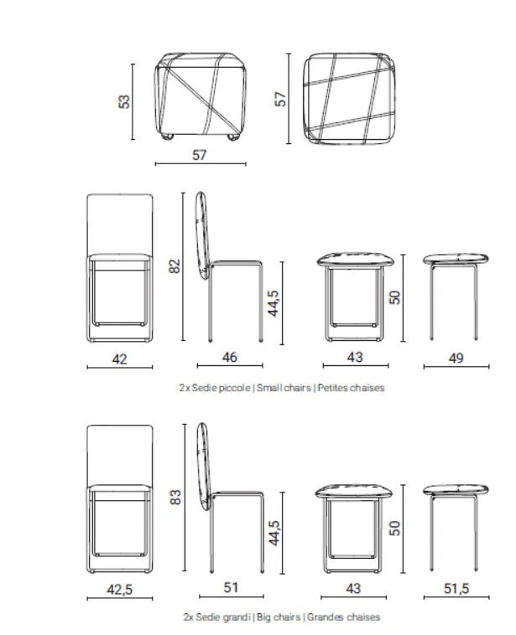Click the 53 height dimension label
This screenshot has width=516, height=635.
[x=124, y=101]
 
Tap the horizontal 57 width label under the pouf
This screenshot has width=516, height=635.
[x=200, y=154]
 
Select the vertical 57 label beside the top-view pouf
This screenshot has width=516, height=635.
[x=282, y=98]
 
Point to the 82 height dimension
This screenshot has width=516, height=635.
[x=175, y=266]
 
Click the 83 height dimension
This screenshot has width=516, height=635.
[x=175, y=497]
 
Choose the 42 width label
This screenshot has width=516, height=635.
[x=120, y=359]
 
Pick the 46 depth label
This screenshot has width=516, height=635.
[x=228, y=358]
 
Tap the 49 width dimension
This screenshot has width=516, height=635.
[x=456, y=358]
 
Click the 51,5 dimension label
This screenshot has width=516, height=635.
[x=456, y=589]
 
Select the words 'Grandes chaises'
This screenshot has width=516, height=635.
[x=343, y=618]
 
